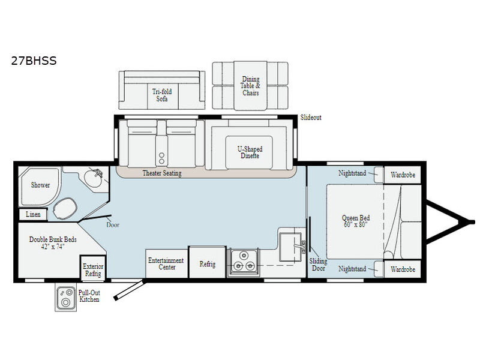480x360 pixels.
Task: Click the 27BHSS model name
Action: (x=34, y=61)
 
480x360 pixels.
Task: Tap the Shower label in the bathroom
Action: (x=40, y=185)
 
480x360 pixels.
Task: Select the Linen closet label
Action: (x=33, y=214)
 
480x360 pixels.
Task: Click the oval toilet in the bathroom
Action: (x=65, y=208)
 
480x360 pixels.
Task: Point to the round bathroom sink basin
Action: (x=94, y=178)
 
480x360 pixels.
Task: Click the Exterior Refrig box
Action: (x=93, y=268)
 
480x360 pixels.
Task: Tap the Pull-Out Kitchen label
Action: (x=89, y=296)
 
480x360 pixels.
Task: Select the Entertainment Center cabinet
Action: (x=167, y=263)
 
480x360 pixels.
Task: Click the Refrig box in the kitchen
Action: (x=207, y=262)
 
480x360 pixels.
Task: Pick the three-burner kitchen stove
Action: (x=244, y=262)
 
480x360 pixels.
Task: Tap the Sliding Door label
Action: (x=318, y=265)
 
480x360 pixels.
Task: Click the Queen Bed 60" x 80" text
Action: (x=356, y=221)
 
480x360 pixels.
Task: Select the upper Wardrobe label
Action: (x=403, y=175)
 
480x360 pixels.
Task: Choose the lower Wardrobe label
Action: (x=403, y=269)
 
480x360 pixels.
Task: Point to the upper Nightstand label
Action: (x=352, y=173)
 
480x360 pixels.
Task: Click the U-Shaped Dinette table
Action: (x=249, y=152)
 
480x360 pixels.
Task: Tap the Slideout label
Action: (x=311, y=118)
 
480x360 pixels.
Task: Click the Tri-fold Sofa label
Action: (x=162, y=95)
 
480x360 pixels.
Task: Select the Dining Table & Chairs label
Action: (x=251, y=86)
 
